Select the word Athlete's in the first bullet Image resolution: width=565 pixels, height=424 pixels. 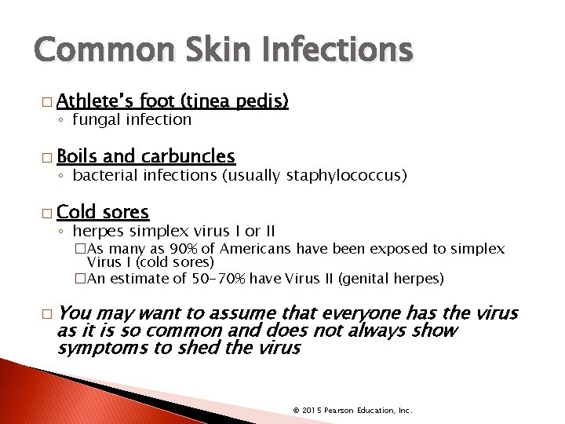pyautogui.click(x=95, y=101)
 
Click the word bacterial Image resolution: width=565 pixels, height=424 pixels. pyautogui.click(x=106, y=175)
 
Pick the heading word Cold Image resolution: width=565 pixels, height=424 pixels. pyautogui.click(x=76, y=211)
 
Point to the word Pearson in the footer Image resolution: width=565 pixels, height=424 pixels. pyautogui.click(x=338, y=411)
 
